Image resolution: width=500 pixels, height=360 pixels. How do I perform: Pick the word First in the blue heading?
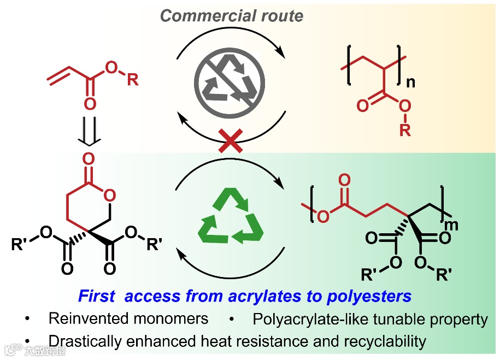pos(97,297)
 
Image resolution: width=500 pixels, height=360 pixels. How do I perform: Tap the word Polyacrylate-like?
pos(312,318)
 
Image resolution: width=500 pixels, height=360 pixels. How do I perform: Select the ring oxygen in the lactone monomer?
pos(110,194)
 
